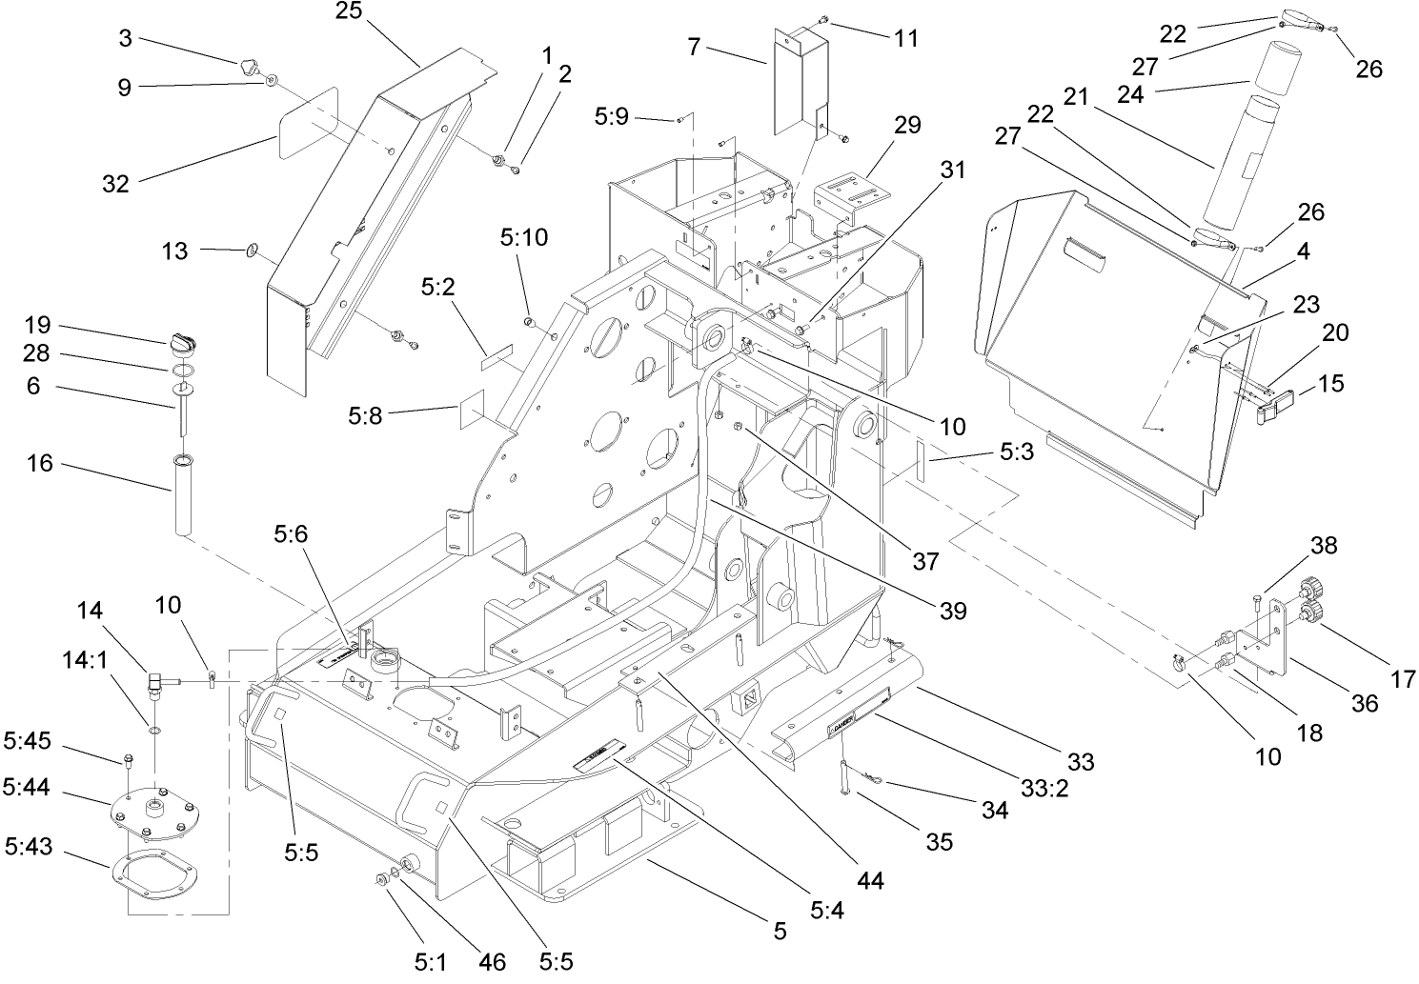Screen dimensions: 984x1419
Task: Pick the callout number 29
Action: pyautogui.click(x=908, y=125)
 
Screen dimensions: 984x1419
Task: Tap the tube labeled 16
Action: pyautogui.click(x=183, y=495)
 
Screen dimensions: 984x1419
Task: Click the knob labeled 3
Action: pyautogui.click(x=251, y=67)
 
